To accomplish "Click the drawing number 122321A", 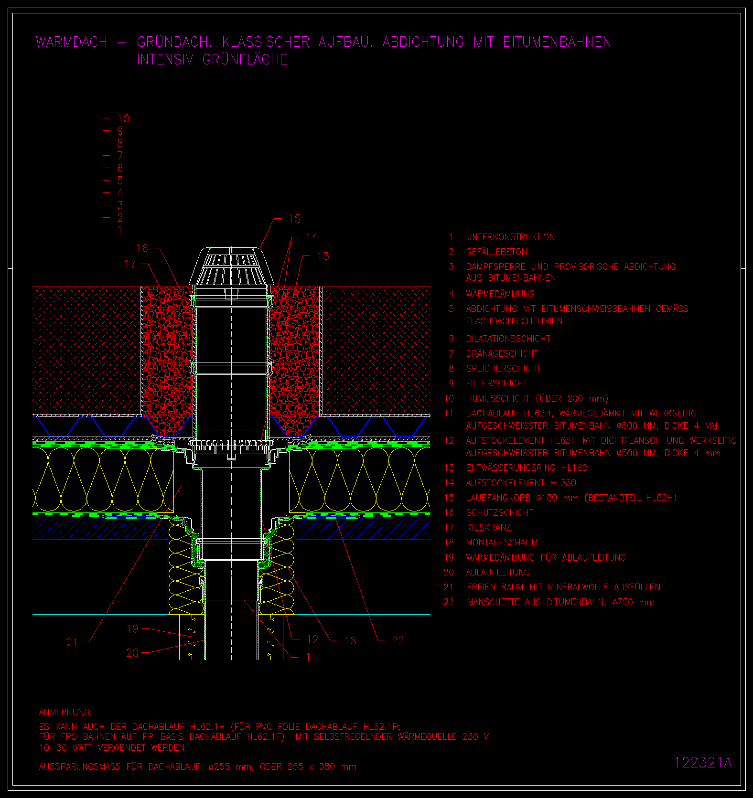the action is pos(703,763).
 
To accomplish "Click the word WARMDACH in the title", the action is pos(72,42).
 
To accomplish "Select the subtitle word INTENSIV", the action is pos(165,60).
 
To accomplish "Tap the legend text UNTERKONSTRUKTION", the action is pos(510,237).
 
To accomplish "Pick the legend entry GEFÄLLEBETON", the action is pos(496,252).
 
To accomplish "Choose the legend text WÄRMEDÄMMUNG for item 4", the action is pos(500,294).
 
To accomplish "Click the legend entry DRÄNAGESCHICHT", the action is pos(502,353).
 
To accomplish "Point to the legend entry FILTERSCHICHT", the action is pos(496,383).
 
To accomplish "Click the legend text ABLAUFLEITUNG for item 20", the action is pos(498,572).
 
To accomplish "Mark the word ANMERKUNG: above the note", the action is pos(65,713).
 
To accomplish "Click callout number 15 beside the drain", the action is pos(294,219).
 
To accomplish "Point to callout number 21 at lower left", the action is pos(72,643).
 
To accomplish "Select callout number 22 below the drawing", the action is pos(398,641).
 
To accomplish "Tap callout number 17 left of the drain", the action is pos(130,264).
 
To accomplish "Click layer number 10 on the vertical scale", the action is pos(123,118).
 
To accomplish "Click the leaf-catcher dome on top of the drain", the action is pos(231,266).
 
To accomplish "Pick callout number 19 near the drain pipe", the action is pos(132,629).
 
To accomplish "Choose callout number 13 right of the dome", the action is pos(323,256).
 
